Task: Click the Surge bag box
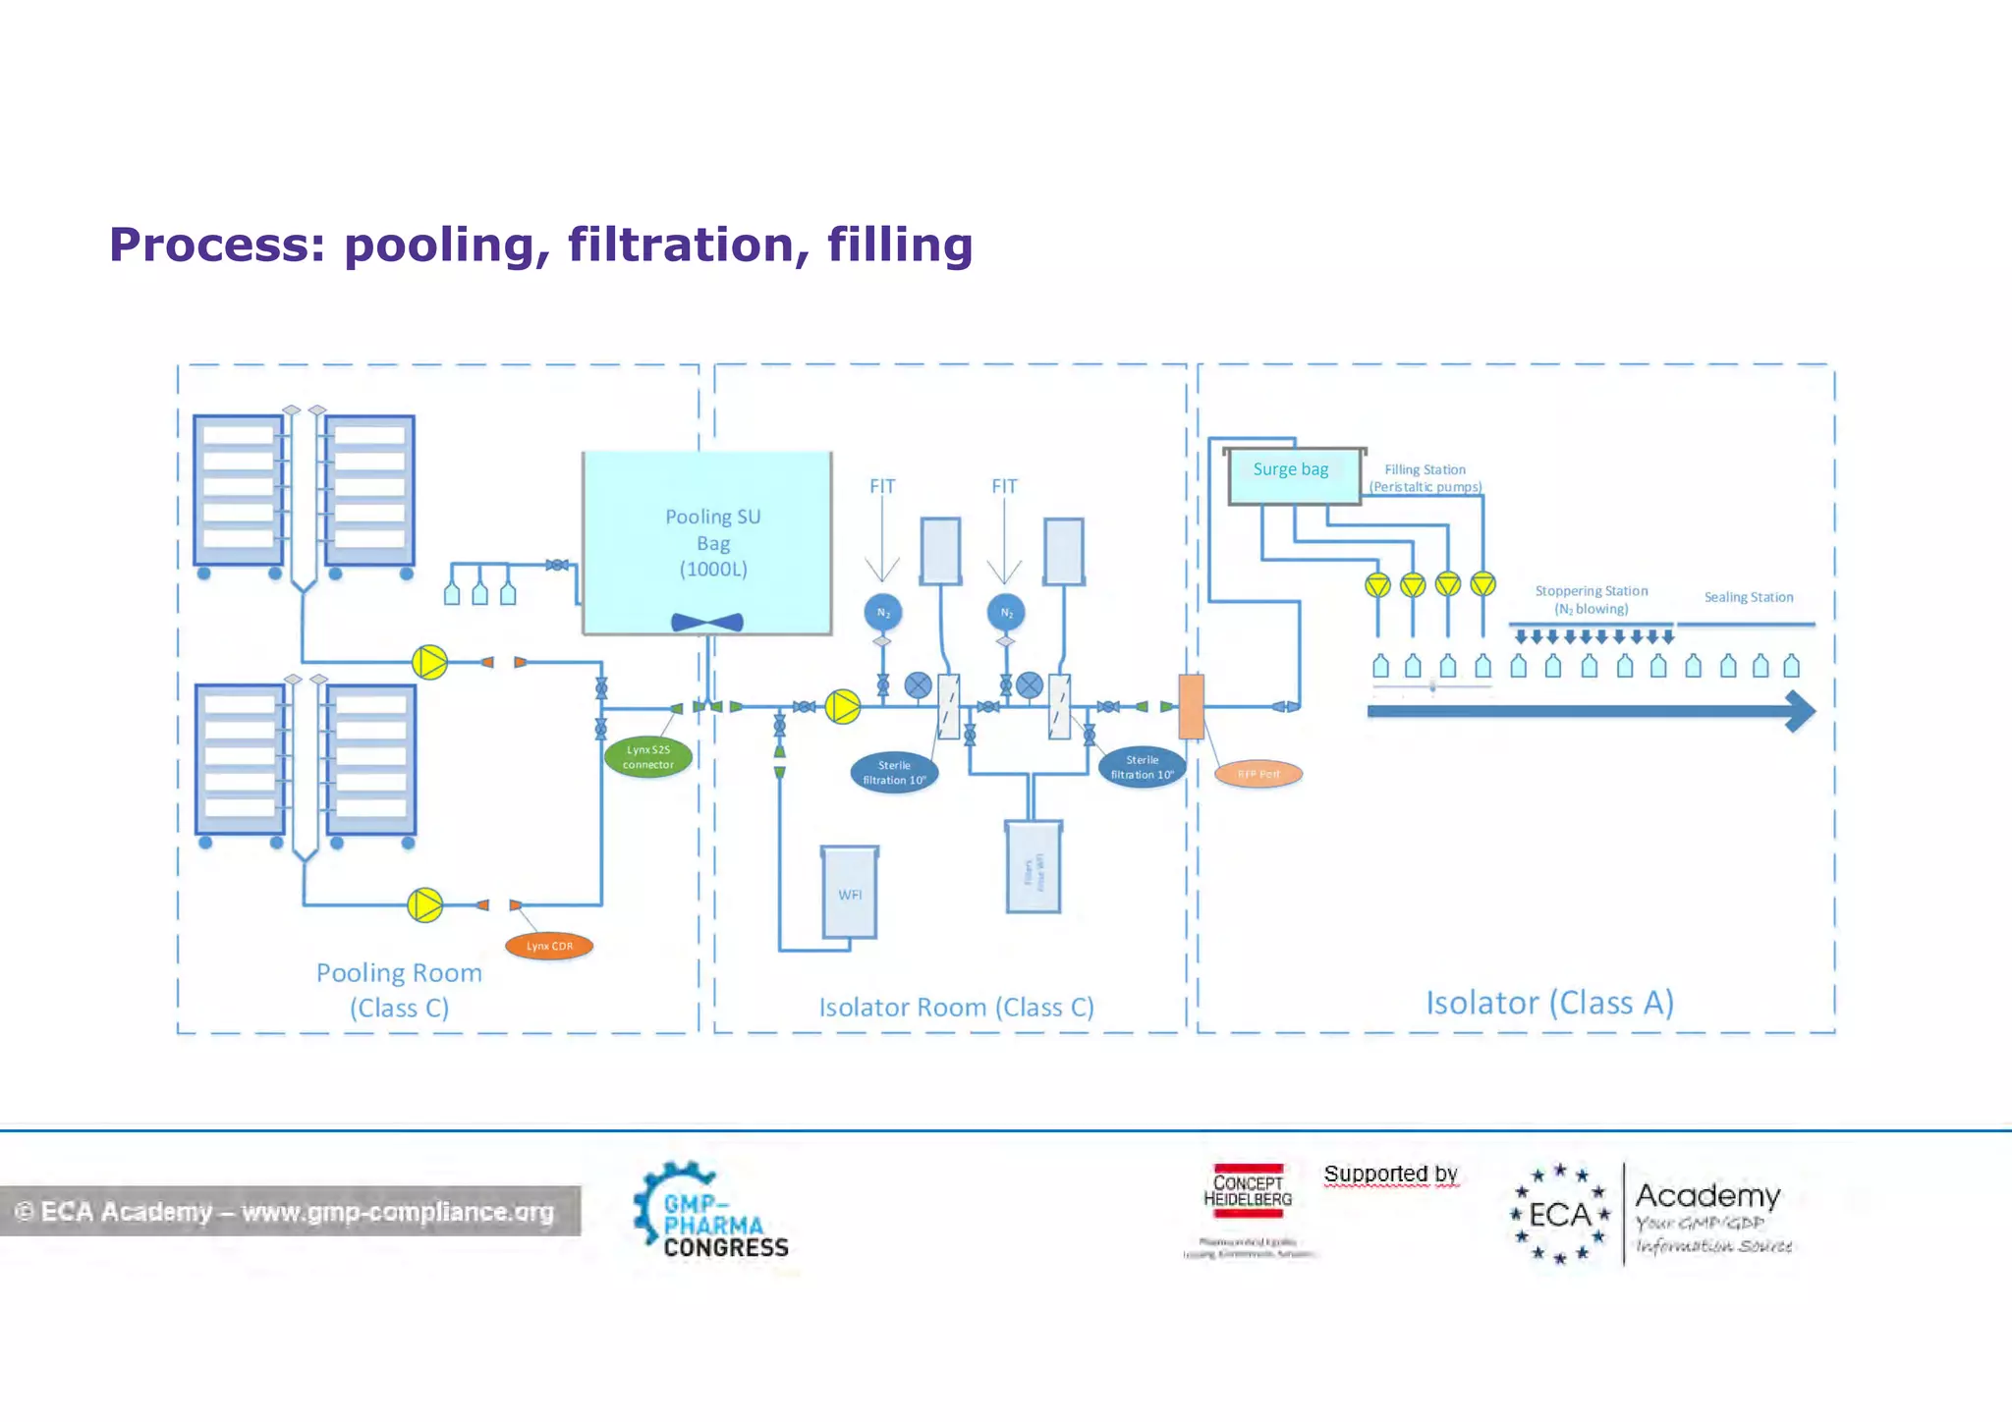coord(1293,476)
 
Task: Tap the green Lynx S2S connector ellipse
coord(648,757)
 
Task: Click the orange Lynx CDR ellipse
coord(549,946)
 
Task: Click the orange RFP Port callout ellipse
coord(1258,774)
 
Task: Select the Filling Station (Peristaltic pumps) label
coord(1425,478)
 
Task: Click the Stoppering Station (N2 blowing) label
coord(1592,599)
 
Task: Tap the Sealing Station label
coord(1749,597)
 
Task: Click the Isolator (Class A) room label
coord(1549,1003)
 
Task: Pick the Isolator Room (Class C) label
coord(956,1007)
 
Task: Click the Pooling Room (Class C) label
coord(399,990)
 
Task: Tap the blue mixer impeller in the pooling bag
coord(707,623)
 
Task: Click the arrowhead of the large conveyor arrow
coord(1800,711)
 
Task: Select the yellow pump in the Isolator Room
coord(843,706)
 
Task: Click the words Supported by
coord(1390,1174)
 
